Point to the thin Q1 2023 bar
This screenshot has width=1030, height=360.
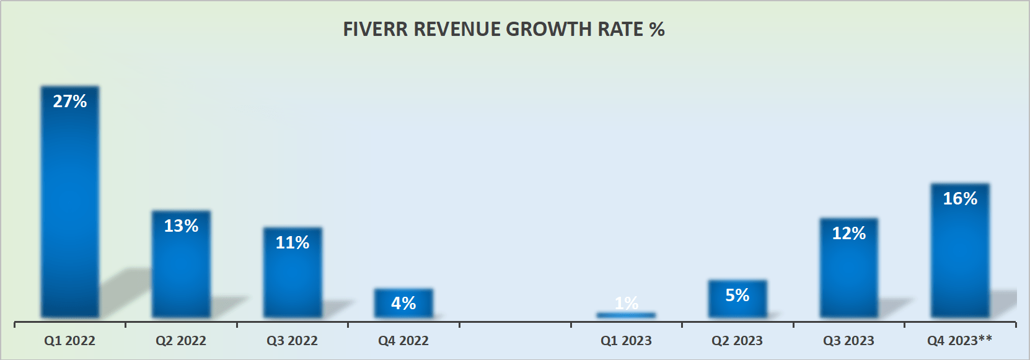(626, 315)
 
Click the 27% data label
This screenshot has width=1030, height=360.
(70, 102)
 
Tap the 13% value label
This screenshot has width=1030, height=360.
(181, 226)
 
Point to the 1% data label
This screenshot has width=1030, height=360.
(626, 303)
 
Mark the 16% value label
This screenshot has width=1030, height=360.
(960, 199)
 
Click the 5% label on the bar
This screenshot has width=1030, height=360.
(737, 296)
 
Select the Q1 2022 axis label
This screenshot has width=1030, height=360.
(70, 341)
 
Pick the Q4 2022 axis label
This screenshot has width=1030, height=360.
(403, 341)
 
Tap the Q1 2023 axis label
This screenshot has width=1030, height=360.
(626, 341)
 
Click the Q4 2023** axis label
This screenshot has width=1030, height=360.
(959, 341)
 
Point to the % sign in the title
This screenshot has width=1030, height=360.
(657, 30)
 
